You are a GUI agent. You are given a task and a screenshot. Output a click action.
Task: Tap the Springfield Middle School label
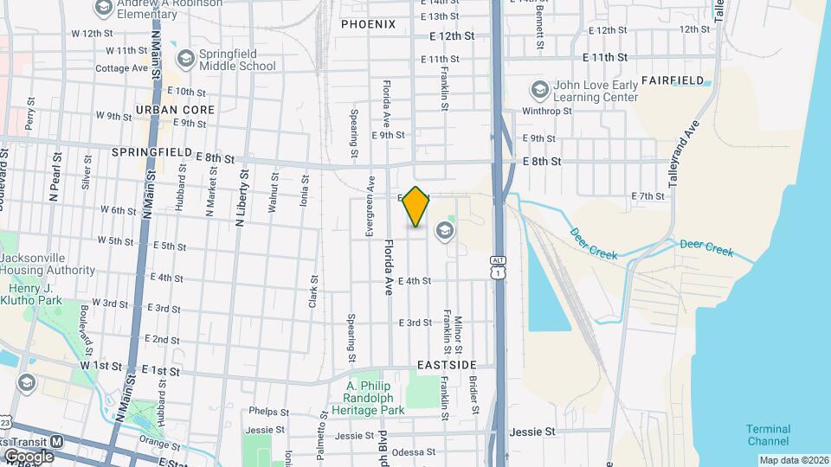[237, 59]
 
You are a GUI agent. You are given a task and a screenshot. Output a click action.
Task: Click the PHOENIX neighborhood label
[368, 24]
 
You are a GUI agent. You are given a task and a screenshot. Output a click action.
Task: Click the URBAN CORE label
[175, 110]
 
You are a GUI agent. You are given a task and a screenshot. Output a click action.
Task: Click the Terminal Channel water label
[769, 435]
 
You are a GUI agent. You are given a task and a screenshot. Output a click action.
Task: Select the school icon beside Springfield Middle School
[185, 58]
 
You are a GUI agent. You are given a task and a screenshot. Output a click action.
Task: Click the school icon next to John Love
[539, 90]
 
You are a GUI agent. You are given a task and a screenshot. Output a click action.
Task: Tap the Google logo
[29, 456]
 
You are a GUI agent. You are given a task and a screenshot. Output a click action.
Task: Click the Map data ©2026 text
[794, 460]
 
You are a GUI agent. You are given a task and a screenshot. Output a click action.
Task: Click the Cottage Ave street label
[122, 68]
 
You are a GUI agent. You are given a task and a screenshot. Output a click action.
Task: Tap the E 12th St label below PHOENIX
[454, 36]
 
